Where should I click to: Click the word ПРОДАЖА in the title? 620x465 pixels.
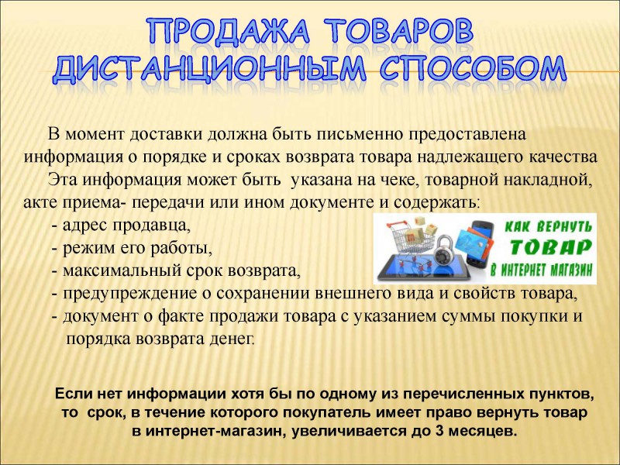(229, 31)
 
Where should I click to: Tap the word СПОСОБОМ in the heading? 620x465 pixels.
(473, 70)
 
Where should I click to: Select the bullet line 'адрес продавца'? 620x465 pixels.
(121, 225)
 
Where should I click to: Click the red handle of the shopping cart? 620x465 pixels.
(390, 224)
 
